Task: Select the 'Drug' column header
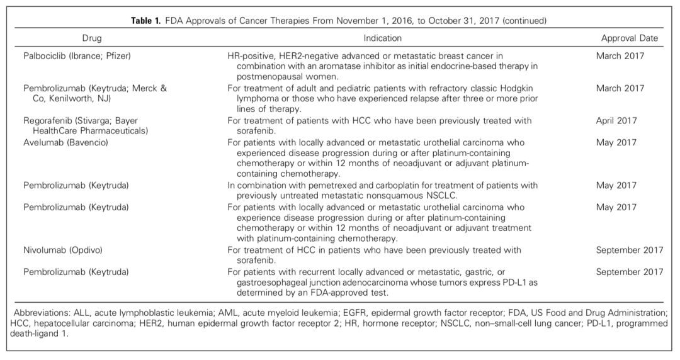(91, 38)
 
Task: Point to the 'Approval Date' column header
(629, 38)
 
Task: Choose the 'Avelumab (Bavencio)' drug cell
(66, 143)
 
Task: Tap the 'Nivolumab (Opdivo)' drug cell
(63, 250)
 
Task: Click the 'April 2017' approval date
(616, 121)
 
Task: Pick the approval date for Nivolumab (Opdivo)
(629, 250)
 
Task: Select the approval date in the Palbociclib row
(620, 56)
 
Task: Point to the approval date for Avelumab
(616, 143)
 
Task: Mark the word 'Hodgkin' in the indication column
(520, 89)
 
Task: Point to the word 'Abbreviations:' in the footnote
(40, 312)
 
